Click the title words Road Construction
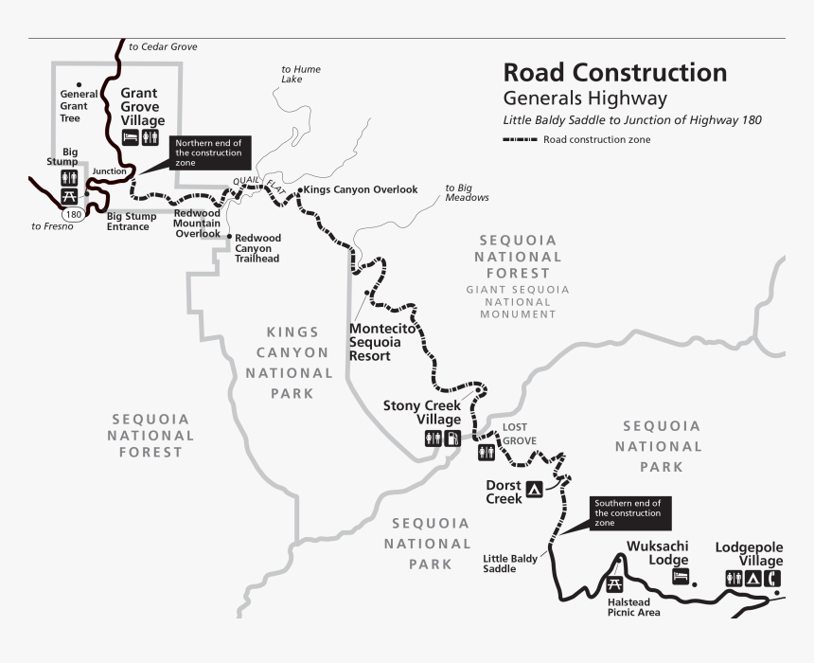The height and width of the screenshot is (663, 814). tap(614, 73)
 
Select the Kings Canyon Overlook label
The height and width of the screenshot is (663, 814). tap(361, 189)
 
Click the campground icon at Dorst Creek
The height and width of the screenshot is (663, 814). tap(534, 490)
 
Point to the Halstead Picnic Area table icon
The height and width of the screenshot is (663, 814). tap(614, 584)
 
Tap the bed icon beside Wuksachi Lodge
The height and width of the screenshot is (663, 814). tap(678, 577)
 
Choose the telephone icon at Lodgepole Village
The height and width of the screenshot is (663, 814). tap(773, 578)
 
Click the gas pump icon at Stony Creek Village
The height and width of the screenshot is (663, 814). tap(452, 439)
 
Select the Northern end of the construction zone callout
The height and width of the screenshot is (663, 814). tap(210, 152)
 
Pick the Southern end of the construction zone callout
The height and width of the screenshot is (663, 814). tap(630, 512)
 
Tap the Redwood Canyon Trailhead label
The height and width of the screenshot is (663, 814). tap(257, 247)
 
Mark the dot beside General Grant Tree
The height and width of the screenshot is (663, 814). tap(79, 82)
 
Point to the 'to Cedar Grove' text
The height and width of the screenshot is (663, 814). tap(163, 46)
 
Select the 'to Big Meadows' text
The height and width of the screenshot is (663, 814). tap(468, 193)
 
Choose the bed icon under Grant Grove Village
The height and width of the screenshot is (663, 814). tap(132, 138)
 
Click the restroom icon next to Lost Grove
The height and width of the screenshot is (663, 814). tap(487, 452)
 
